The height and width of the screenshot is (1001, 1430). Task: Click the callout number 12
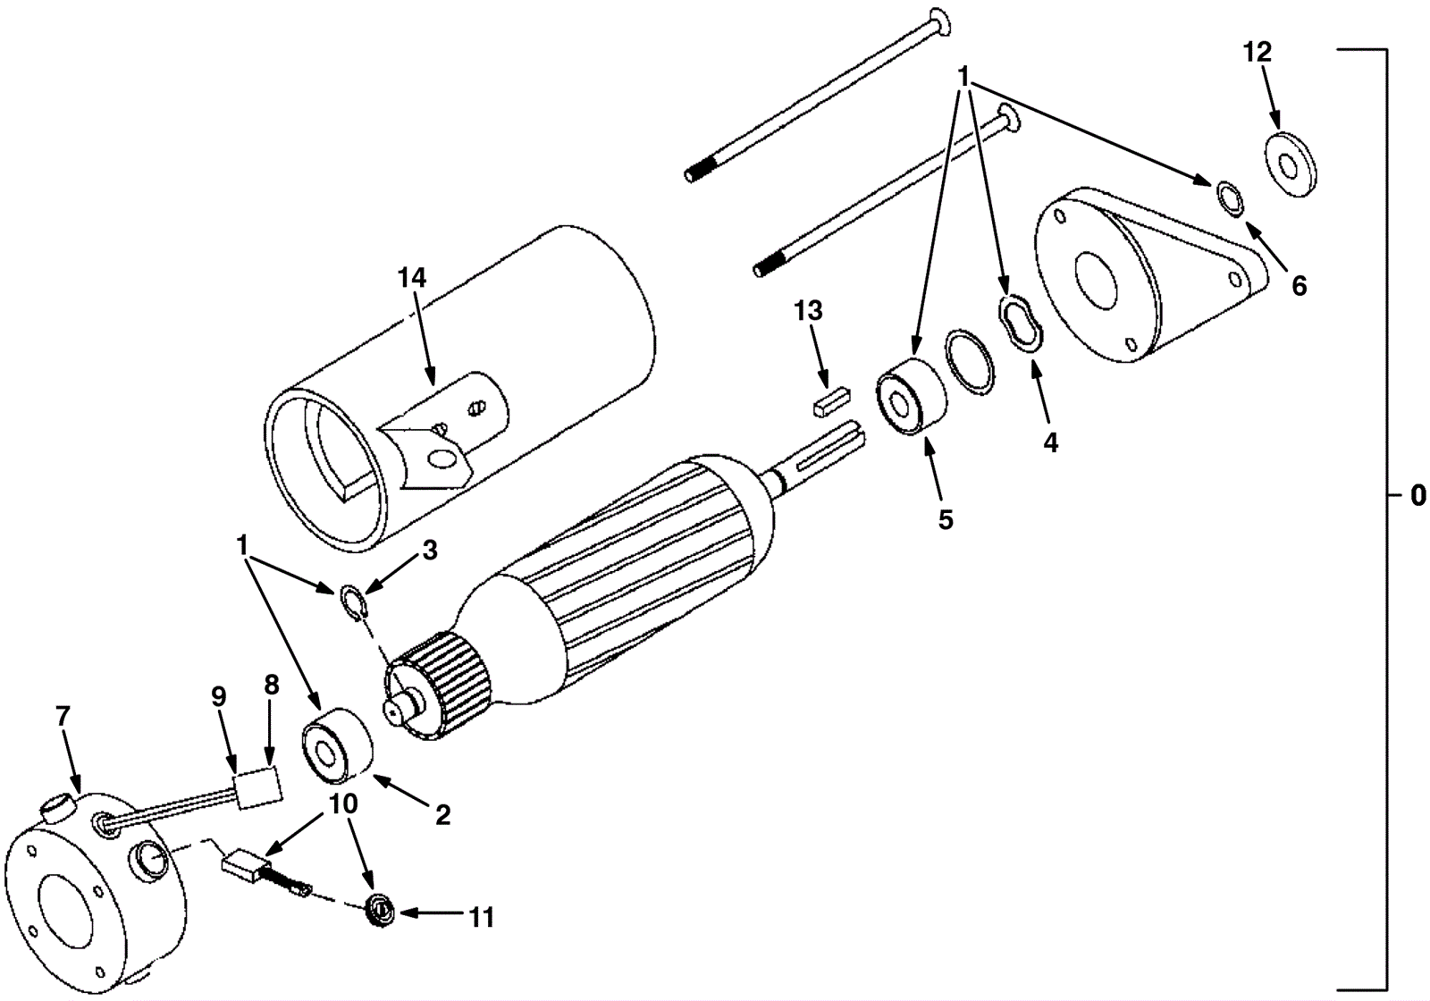tap(1257, 53)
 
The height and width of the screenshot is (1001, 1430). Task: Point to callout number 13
tap(808, 312)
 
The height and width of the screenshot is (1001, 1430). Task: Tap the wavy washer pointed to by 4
tap(1020, 322)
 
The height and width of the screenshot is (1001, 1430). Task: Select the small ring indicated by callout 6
tap(1230, 198)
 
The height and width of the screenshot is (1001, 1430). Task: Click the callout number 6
tap(1299, 286)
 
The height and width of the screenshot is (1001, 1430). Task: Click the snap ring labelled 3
tap(352, 601)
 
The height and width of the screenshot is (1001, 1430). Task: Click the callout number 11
tap(481, 917)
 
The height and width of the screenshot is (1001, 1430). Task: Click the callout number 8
tap(272, 685)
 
